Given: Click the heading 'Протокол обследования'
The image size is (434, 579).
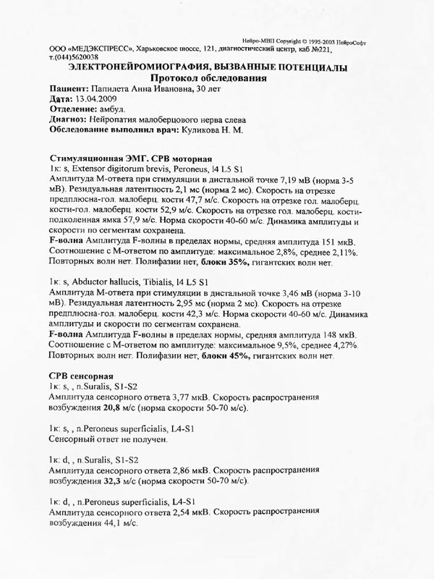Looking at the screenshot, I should (x=208, y=78).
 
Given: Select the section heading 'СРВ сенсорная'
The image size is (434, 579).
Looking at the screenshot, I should (x=79, y=376).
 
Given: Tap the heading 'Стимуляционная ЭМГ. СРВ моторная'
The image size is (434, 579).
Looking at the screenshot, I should (x=129, y=158).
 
